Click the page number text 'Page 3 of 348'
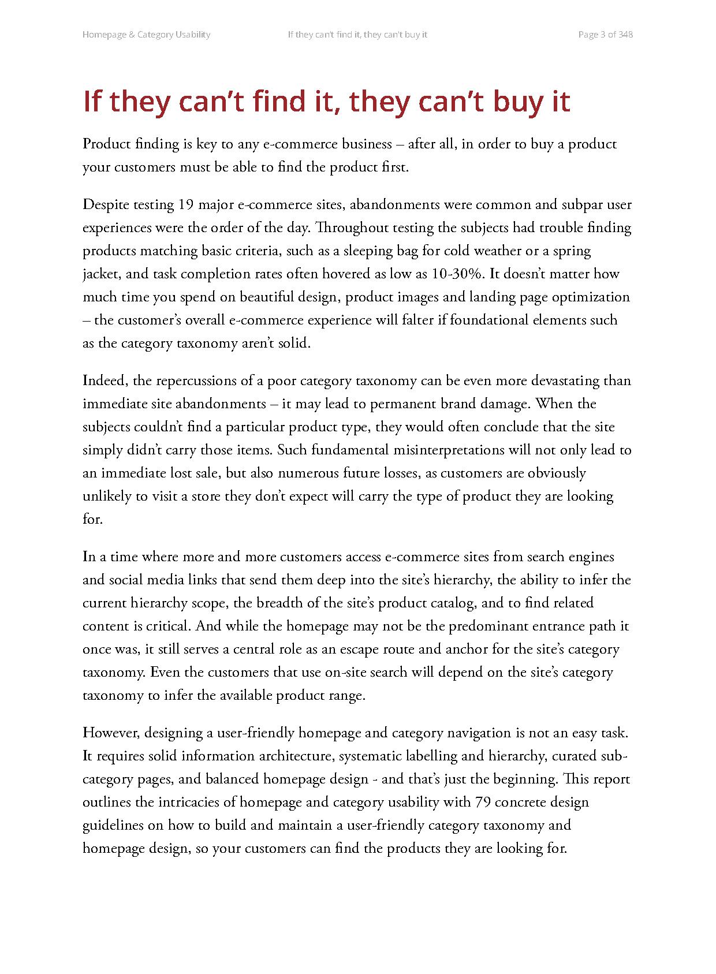tap(605, 35)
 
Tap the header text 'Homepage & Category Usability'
tap(146, 35)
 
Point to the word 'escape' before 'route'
tap(346, 650)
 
